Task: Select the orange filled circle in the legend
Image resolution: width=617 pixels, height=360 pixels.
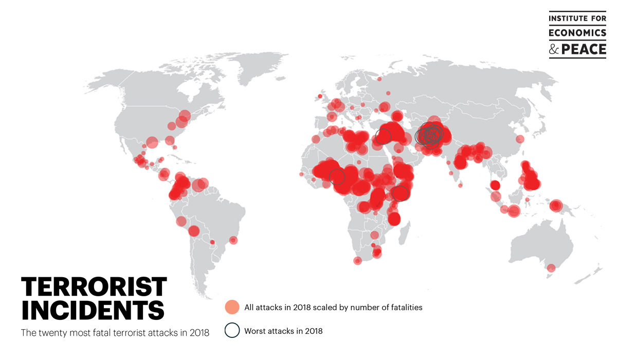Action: pyautogui.click(x=232, y=308)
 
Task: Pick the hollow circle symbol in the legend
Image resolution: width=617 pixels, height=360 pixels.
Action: pyautogui.click(x=232, y=331)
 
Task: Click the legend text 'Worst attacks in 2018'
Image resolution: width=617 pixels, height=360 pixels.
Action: pyautogui.click(x=283, y=331)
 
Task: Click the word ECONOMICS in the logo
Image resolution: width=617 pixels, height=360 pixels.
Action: pyautogui.click(x=577, y=33)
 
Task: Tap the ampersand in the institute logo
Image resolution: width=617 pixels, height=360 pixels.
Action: pyautogui.click(x=553, y=49)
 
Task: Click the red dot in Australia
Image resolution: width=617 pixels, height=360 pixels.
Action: pyautogui.click(x=551, y=268)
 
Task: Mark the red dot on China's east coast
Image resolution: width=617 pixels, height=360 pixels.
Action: pyautogui.click(x=520, y=139)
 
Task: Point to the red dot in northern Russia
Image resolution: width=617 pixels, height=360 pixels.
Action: pyautogui.click(x=379, y=79)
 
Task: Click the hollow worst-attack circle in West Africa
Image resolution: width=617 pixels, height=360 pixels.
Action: pyautogui.click(x=337, y=176)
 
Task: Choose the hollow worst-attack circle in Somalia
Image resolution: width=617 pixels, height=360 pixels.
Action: pyautogui.click(x=401, y=193)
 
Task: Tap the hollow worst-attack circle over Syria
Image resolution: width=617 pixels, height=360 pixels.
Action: pyautogui.click(x=383, y=136)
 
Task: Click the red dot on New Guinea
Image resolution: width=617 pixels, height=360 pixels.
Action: pyautogui.click(x=555, y=206)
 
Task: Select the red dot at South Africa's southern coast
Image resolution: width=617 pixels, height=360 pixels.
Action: pyautogui.click(x=358, y=261)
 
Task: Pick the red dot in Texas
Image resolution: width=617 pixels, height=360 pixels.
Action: pyautogui.click(x=152, y=142)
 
